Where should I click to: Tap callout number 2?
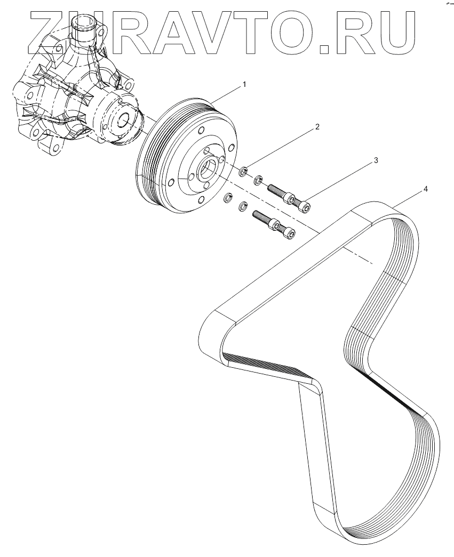tap(317, 127)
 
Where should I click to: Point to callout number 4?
tap(425, 189)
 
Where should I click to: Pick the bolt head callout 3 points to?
tap(304, 205)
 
